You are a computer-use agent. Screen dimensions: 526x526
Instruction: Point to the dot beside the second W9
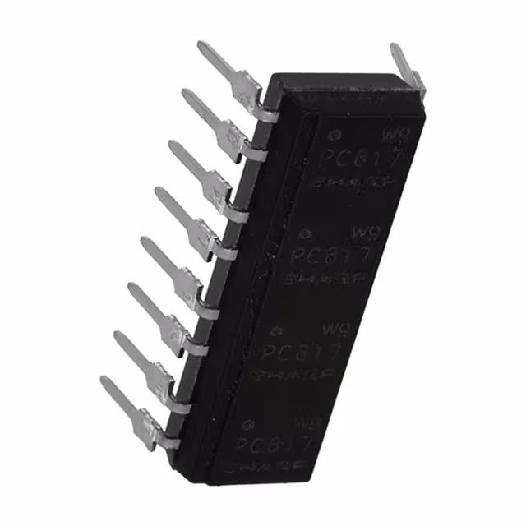(x=305, y=234)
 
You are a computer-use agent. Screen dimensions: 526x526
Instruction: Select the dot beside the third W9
(x=275, y=330)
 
